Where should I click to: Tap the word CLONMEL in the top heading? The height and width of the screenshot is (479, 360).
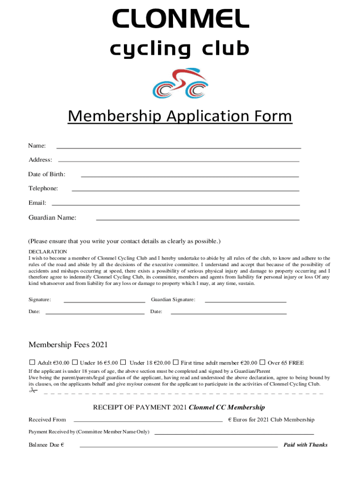tap(180, 20)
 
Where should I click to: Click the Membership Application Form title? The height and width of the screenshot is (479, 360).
tap(180, 116)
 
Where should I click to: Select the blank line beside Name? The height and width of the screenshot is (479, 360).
tap(179, 147)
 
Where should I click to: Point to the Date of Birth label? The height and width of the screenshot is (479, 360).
tap(47, 174)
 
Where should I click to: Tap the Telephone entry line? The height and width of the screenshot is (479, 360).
tap(185, 190)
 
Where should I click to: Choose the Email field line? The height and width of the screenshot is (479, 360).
tap(175, 205)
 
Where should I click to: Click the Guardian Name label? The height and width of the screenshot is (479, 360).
tap(52, 218)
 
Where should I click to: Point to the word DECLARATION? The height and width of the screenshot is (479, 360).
tap(48, 251)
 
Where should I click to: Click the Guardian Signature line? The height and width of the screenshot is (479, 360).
tap(245, 302)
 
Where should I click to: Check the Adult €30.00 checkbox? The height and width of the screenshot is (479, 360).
tap(32, 362)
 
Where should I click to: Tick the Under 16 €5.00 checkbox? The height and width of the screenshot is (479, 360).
tap(75, 362)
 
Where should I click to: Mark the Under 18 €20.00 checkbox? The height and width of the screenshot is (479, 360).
tap(123, 362)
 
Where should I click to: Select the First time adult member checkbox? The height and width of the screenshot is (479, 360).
tap(176, 362)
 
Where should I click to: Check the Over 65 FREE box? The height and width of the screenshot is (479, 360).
tap(262, 362)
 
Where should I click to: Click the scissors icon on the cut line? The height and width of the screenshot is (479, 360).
tap(33, 391)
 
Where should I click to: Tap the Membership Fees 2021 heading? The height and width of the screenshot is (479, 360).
tap(68, 345)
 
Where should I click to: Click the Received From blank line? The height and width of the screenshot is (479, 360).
tap(148, 421)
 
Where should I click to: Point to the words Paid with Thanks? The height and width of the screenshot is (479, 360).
tap(305, 445)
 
